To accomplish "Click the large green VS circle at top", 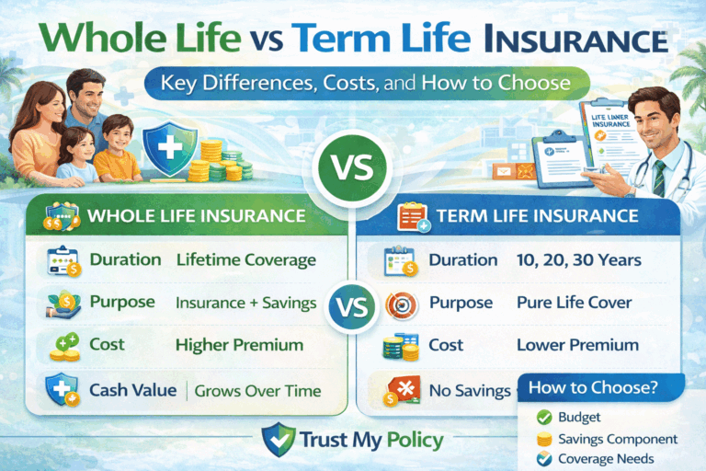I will click(x=353, y=170).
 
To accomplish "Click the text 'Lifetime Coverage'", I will click(x=245, y=260).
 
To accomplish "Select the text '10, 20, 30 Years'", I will click(x=578, y=260).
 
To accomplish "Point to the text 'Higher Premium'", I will click(x=239, y=345).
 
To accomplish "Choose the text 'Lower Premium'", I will click(x=577, y=345).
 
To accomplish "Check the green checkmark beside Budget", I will click(x=543, y=419).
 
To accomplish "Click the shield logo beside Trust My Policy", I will click(x=277, y=439).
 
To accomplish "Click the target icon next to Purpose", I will click(x=394, y=304).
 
